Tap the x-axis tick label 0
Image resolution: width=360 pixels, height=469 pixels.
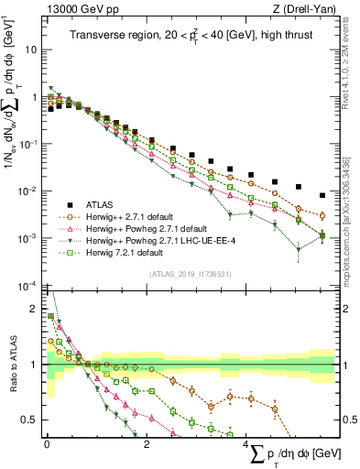pos(47,443)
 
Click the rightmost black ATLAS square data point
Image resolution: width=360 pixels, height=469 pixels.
pos(322,195)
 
